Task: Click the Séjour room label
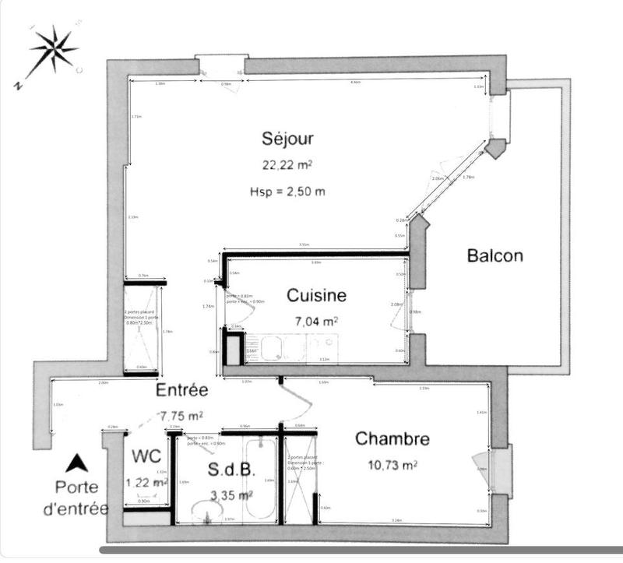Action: coord(287,139)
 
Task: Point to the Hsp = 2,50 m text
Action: coord(287,192)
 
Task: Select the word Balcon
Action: coord(495,255)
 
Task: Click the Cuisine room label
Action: coord(316,295)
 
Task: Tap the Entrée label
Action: coord(181,389)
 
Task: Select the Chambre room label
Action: coord(392,439)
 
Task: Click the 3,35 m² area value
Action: coord(231,494)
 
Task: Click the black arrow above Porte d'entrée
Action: coord(76,464)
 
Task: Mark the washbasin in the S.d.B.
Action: coord(207,512)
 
